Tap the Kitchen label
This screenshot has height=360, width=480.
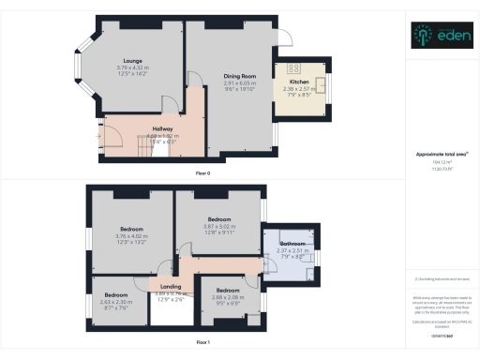(x=298, y=82)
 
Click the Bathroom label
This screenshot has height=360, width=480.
(x=291, y=242)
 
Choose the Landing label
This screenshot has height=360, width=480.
(x=171, y=287)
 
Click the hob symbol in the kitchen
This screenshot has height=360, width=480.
(x=292, y=68)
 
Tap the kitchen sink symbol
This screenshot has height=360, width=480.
(x=322, y=87)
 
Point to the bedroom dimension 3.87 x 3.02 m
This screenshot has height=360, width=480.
(x=218, y=226)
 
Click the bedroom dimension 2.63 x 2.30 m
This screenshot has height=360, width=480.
(x=117, y=301)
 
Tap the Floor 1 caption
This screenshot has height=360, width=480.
(x=202, y=343)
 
